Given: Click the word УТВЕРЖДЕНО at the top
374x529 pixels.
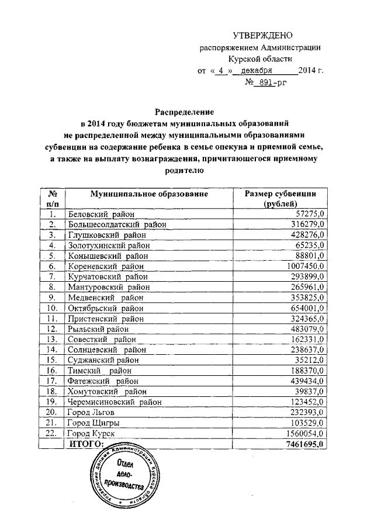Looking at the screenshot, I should coord(259,36).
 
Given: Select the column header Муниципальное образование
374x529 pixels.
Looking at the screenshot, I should coord(149,193).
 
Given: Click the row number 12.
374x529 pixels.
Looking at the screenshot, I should coord(52,329).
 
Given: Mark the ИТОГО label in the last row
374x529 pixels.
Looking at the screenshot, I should coord(86,444).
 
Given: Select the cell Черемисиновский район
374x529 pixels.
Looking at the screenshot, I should coord(114,402).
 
